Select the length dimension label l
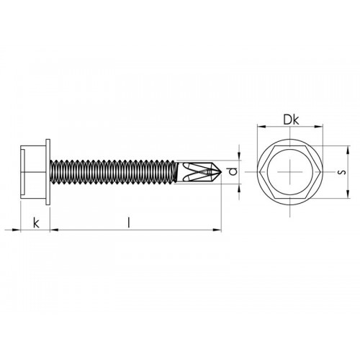[x=128, y=222]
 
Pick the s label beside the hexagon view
[x=341, y=172]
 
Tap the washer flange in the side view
[x=48, y=173]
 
